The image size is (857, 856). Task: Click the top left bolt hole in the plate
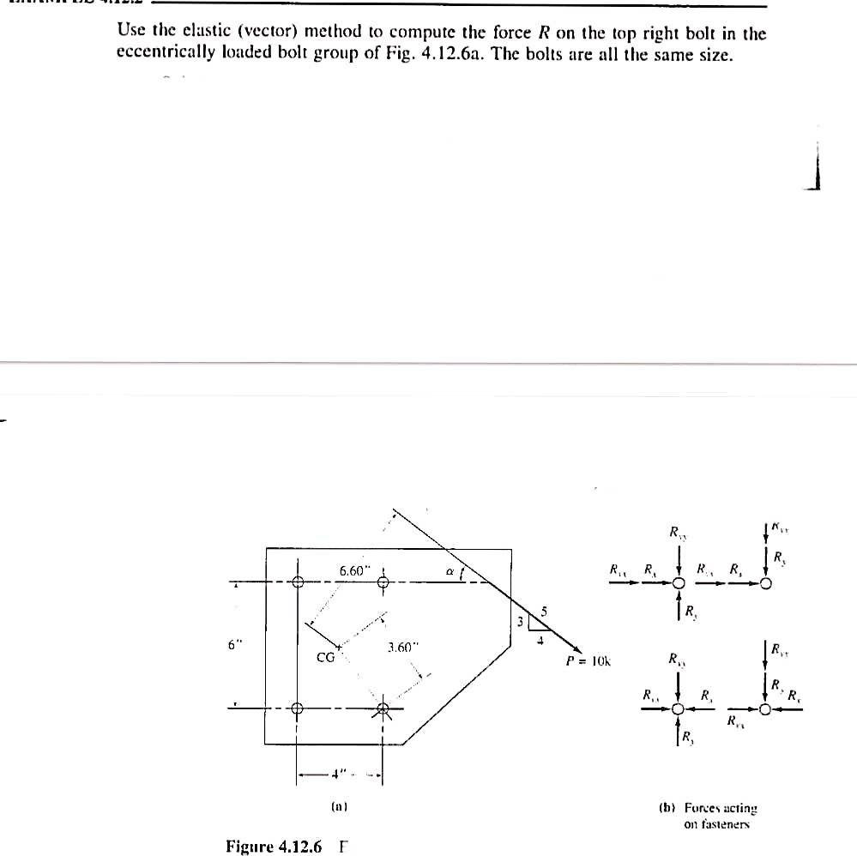[x=298, y=582]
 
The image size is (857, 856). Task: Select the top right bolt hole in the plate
[x=383, y=582]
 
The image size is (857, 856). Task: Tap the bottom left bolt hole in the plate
[x=298, y=709]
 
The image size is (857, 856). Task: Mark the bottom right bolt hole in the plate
[x=383, y=709]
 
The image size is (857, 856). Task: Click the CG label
[x=325, y=658]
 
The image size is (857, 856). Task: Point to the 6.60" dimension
[x=353, y=570]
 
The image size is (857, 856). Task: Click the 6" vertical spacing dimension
[x=233, y=646]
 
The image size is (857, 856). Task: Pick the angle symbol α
[x=449, y=569]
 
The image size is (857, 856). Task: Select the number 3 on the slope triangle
[x=519, y=621]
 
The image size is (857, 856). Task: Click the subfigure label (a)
[x=338, y=806]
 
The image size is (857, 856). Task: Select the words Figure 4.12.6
[x=274, y=847]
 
